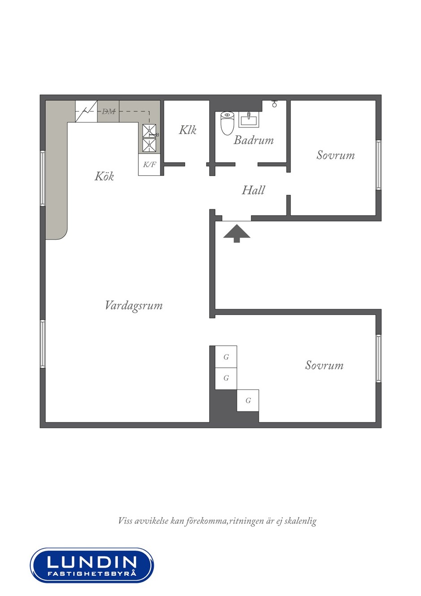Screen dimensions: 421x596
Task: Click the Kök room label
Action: coord(104,177)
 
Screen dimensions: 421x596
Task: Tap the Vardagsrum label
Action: coord(134,306)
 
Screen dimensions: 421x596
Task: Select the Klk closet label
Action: coord(188,130)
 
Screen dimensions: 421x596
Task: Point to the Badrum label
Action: coord(253,140)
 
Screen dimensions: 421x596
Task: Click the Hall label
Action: coord(253,190)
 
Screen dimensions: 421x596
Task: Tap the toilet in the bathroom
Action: coord(227,123)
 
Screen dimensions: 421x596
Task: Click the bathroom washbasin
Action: coord(248,119)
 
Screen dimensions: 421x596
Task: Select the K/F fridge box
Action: coord(149,164)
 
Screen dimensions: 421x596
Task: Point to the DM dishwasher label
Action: coord(108,112)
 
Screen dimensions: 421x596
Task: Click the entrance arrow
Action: coord(236,233)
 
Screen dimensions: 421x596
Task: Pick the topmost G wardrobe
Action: coord(226,357)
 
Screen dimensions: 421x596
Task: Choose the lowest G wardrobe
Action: coord(248,400)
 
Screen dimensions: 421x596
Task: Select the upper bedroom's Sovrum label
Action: coord(335,155)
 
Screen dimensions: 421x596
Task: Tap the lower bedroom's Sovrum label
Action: coord(324,365)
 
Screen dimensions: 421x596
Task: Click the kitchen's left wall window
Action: coord(43,178)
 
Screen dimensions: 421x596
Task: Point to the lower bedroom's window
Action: coord(378,358)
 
